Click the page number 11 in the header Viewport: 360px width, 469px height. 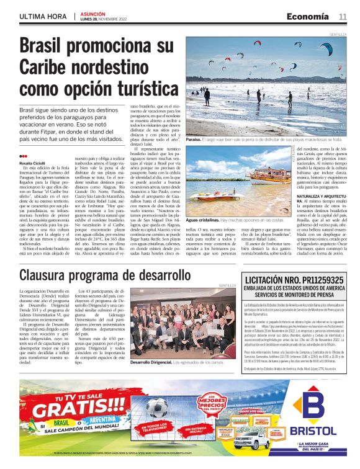pyautogui.click(x=343, y=16)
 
